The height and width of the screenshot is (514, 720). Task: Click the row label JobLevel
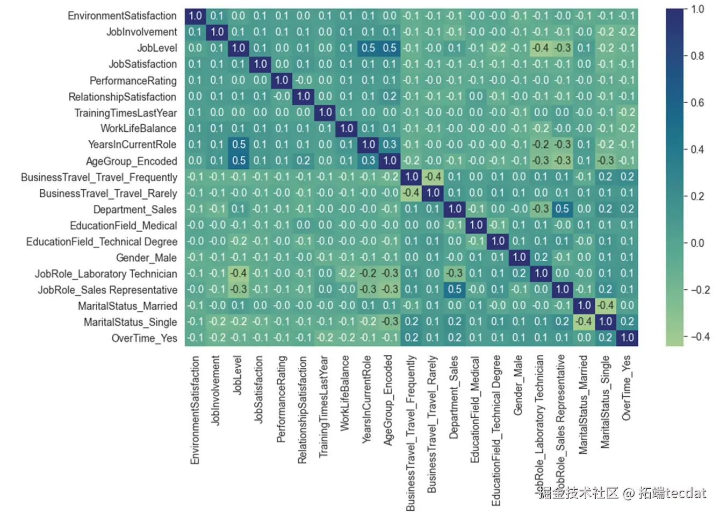157,48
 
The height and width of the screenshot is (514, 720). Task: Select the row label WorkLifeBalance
138,128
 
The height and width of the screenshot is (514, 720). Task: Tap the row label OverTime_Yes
144,338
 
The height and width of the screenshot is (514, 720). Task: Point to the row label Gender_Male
146,258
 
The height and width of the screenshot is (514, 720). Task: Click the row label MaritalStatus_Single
130,322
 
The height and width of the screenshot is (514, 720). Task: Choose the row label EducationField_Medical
123,225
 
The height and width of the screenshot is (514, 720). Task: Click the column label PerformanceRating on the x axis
281,399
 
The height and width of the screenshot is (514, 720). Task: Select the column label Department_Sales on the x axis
454,397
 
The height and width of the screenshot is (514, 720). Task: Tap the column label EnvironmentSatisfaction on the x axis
195,410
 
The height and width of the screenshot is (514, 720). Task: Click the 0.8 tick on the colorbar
697,56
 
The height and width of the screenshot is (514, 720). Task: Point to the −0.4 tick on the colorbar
700,337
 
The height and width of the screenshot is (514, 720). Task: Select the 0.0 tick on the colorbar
697,243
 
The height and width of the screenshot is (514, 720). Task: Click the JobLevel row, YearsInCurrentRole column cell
368,48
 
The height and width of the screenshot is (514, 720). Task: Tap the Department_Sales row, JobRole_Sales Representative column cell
562,209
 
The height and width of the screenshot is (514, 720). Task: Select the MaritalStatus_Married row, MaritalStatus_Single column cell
606,306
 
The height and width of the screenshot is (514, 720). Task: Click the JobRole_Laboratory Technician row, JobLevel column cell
238,274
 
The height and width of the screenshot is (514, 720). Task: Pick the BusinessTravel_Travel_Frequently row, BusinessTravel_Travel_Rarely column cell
433,177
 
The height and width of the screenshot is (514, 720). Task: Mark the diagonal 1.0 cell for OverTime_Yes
627,338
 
